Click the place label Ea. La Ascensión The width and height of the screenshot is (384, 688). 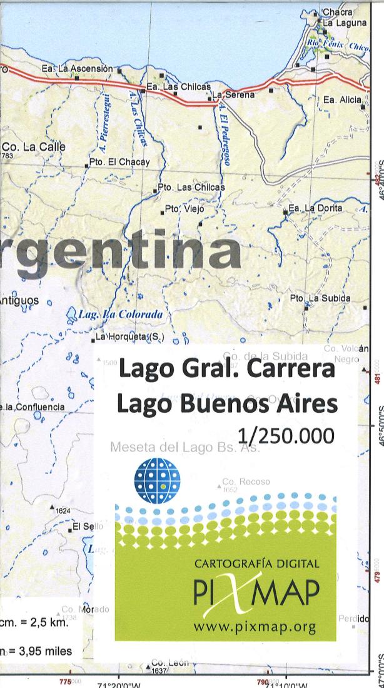(x=78, y=68)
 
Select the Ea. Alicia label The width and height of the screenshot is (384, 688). (x=342, y=99)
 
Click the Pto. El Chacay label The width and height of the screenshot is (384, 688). (x=119, y=163)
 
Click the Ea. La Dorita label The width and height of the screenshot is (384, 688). (x=315, y=208)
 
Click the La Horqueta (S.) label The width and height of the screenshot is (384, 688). (x=129, y=338)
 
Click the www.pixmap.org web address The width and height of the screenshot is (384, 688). (x=255, y=626)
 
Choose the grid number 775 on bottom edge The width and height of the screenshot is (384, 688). (x=66, y=681)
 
